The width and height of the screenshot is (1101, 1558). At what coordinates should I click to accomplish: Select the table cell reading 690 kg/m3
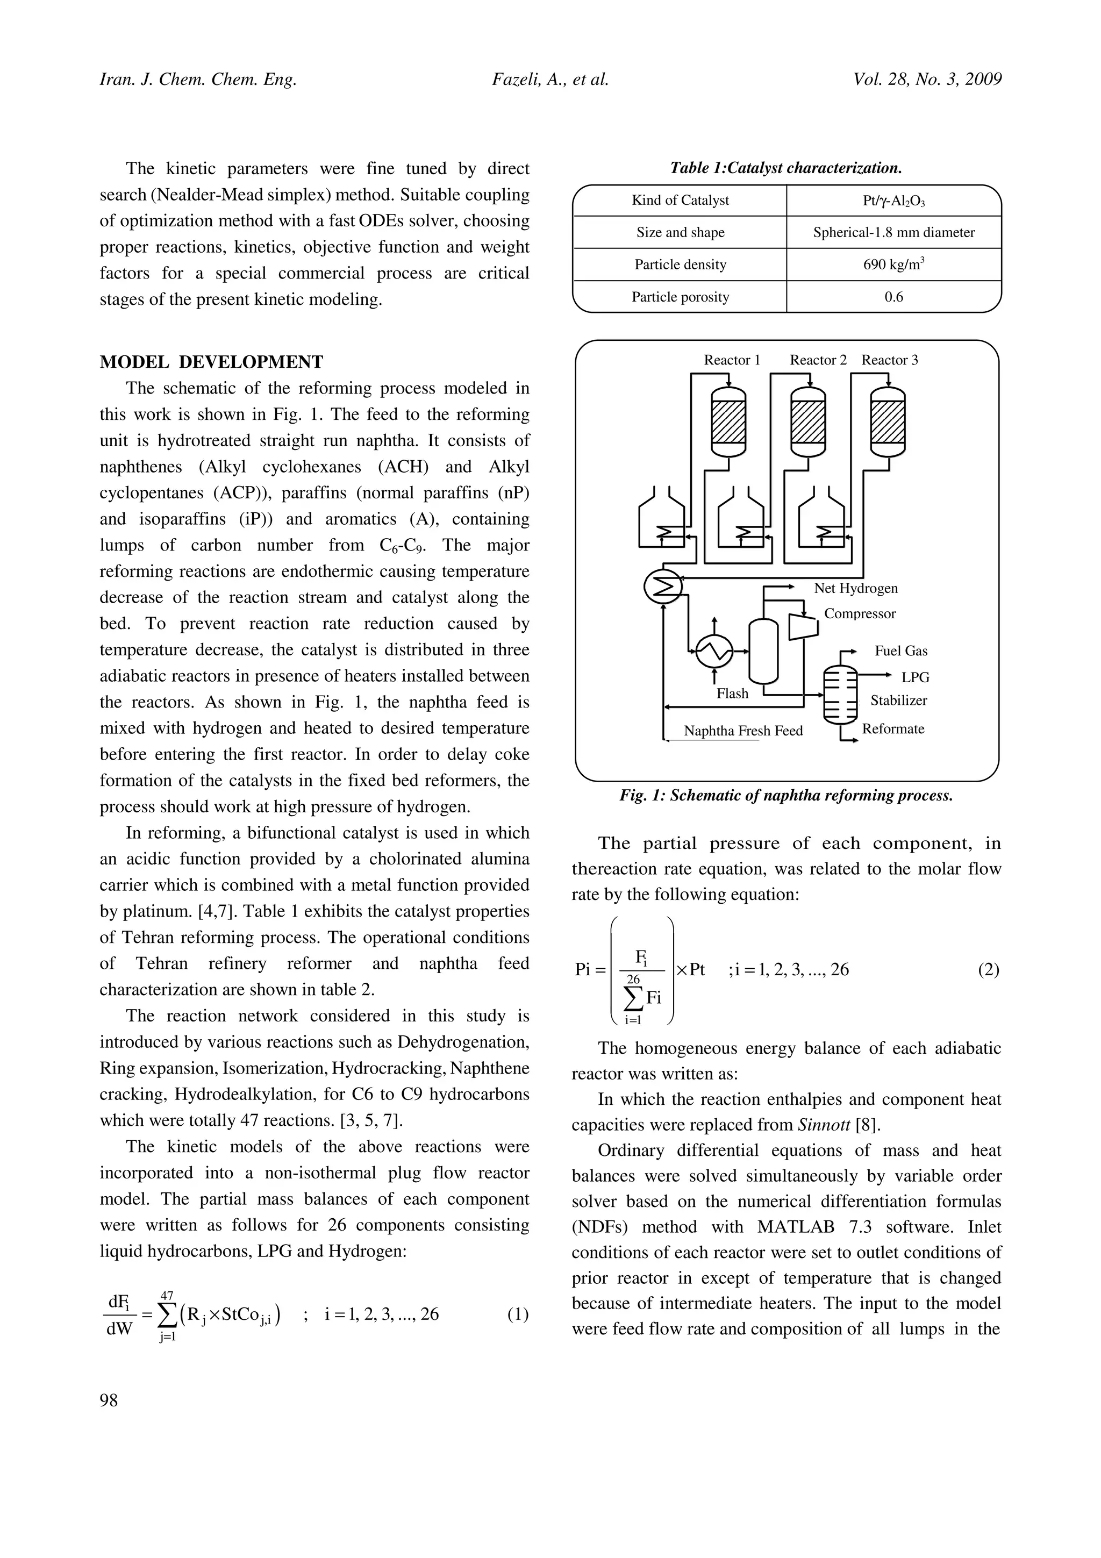coord(893,264)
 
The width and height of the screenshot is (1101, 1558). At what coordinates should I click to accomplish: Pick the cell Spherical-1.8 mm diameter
coord(893,232)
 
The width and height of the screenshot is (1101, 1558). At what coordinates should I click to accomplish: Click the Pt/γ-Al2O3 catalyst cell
coord(893,200)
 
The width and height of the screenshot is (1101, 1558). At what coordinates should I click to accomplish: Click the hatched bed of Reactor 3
coord(888,421)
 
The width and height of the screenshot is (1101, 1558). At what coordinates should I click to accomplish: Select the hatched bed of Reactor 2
coord(808,421)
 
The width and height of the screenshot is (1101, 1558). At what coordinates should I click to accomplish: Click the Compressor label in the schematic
coord(860,613)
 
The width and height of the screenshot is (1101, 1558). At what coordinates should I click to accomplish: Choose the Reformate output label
coord(893,729)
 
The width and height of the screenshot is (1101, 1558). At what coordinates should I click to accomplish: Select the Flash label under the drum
coord(732,694)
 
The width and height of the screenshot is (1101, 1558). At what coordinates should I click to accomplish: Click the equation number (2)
coord(988,970)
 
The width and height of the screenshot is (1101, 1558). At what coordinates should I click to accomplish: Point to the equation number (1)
coord(517,1314)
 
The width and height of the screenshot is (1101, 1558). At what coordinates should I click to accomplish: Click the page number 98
coord(109,1400)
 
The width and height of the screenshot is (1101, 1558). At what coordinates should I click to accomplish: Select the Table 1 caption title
coord(785,168)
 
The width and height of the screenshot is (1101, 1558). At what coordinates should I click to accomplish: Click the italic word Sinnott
coord(823,1125)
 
